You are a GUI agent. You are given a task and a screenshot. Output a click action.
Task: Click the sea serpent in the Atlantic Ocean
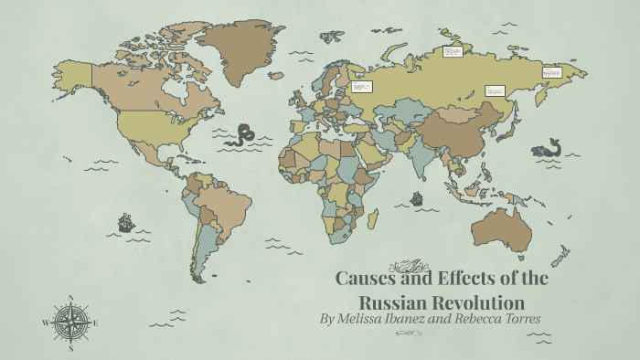242,135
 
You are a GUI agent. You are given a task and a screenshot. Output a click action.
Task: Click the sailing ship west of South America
125,222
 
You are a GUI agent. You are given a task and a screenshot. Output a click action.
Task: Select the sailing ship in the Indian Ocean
417,196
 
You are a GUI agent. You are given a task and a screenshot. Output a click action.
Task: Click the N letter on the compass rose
70,298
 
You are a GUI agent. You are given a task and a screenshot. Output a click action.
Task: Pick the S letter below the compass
70,348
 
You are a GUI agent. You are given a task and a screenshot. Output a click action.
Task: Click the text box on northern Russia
453,52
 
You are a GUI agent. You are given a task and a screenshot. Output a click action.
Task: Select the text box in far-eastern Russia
551,70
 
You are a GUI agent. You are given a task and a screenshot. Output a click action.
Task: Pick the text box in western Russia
362,86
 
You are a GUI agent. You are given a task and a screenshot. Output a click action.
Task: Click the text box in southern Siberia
494,90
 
